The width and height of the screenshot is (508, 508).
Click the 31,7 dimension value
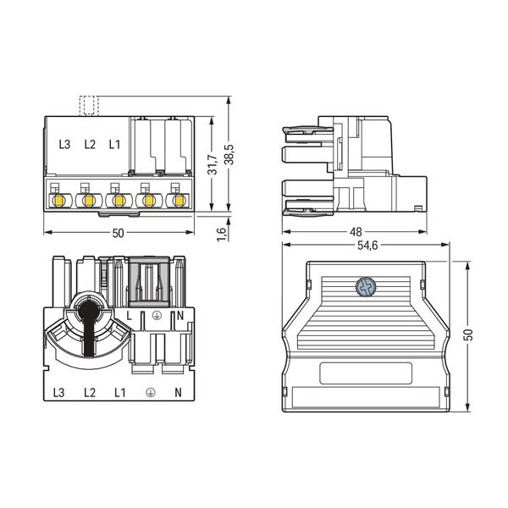tap(213, 164)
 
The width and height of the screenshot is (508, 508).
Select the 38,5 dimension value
tap(229, 155)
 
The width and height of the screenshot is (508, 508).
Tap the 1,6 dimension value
tap(221, 234)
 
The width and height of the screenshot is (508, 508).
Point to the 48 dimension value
tap(356, 232)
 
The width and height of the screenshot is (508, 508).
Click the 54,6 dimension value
tap(367, 246)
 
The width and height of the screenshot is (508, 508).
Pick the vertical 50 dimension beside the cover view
tap(468, 334)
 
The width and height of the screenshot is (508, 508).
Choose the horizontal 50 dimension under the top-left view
tap(118, 233)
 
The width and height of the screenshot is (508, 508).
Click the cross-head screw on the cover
tap(366, 287)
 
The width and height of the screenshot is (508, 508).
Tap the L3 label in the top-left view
tap(64, 144)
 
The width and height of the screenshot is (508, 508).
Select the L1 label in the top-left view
tap(114, 144)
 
